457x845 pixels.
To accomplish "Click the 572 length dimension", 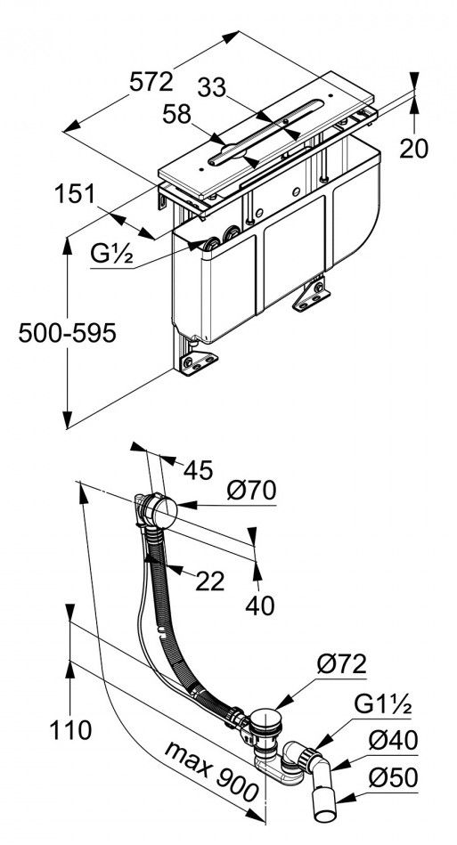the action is [151, 82].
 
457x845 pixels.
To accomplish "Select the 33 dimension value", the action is [212, 88].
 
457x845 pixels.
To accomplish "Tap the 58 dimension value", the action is [177, 114].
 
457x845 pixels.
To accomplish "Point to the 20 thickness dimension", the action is [414, 148].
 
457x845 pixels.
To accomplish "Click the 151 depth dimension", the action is [75, 193].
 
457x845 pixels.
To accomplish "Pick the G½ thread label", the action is [111, 254].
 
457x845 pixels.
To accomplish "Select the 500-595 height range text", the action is [68, 334].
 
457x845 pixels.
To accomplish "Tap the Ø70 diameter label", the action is [252, 490].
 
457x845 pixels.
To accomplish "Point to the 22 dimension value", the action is [210, 581].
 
